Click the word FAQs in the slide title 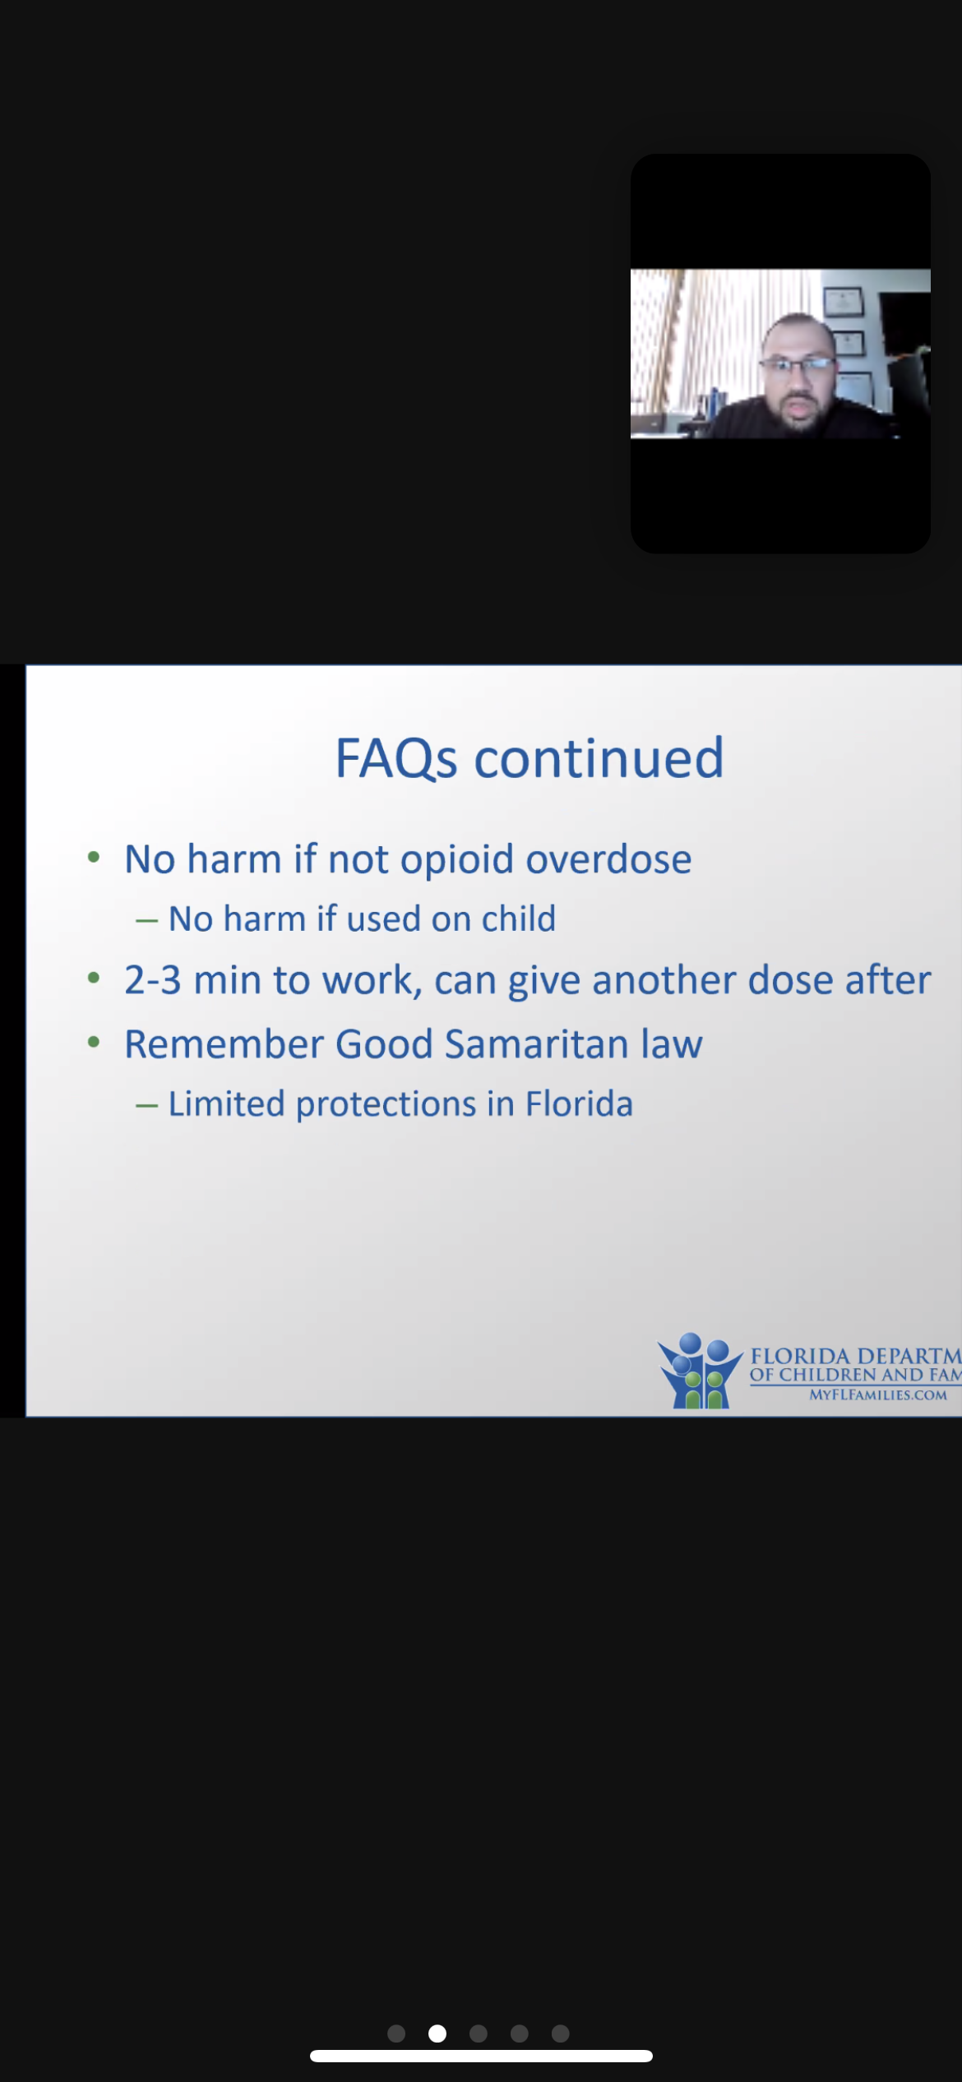coord(396,758)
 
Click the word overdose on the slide coord(609,859)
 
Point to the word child coord(519,918)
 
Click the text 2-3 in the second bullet coord(153,981)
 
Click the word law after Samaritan coord(673,1044)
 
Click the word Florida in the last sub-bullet coord(580,1103)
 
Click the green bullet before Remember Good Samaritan coord(94,1043)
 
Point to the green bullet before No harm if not coord(94,858)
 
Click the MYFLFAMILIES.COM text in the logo coord(878,1395)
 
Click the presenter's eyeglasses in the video coord(797,363)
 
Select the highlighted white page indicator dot coord(437,2033)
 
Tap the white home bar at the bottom coord(481,2056)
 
